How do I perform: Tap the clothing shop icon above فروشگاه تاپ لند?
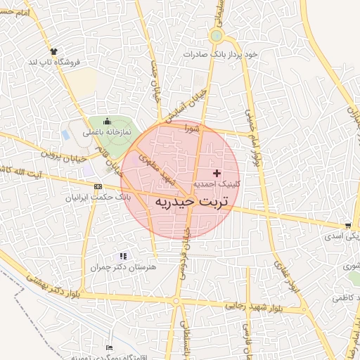pyautogui.click(x=53, y=51)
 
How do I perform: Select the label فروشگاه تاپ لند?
pyautogui.click(x=55, y=63)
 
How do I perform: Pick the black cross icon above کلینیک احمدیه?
pyautogui.click(x=217, y=172)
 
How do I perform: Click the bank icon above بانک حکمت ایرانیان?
pyautogui.click(x=97, y=186)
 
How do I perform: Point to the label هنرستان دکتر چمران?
pyautogui.click(x=122, y=267)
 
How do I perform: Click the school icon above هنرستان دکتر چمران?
pyautogui.click(x=124, y=257)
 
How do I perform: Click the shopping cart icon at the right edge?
pyautogui.click(x=348, y=226)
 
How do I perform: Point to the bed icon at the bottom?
pyautogui.click(x=109, y=347)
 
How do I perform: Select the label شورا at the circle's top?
pyautogui.click(x=193, y=129)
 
